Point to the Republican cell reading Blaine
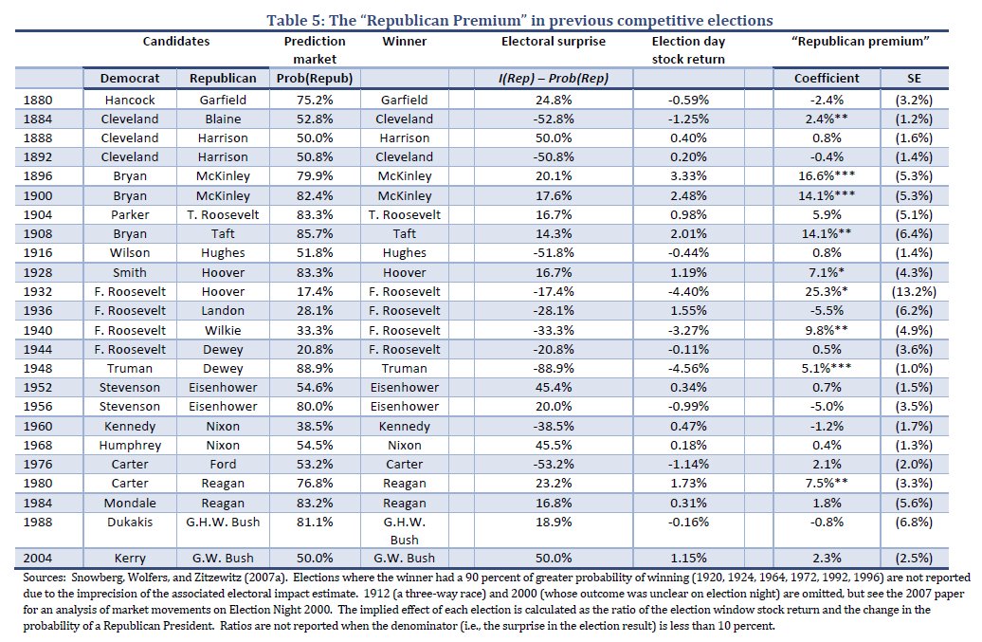223,119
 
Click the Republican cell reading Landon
223,311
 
